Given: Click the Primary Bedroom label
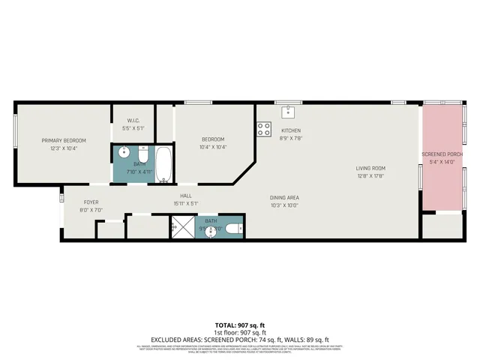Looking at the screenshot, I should point(64,140).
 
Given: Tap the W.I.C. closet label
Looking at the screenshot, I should point(133,121).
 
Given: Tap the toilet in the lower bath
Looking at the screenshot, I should point(233,228).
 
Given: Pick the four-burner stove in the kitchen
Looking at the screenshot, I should point(264,128).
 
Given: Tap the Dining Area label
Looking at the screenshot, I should point(284,198).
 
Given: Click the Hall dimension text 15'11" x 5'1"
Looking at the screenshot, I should point(185,202).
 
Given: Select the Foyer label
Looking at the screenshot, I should point(91,202).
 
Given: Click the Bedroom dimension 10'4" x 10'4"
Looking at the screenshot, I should point(213,147).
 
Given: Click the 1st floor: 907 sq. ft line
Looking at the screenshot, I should point(239,331).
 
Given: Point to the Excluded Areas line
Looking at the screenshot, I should point(239,339).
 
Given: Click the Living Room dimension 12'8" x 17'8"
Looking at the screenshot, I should point(370,176).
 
